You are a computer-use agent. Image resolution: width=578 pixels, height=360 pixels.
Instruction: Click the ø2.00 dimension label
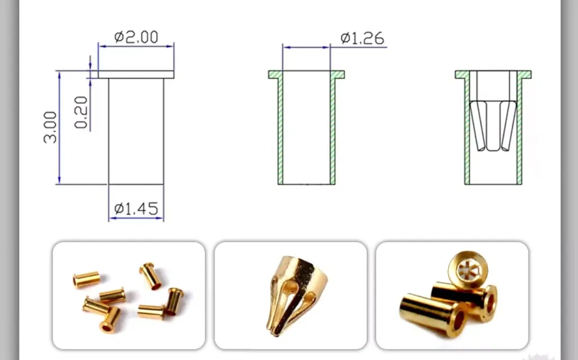(x=137, y=37)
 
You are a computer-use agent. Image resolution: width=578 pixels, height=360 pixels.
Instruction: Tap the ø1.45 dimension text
(x=137, y=209)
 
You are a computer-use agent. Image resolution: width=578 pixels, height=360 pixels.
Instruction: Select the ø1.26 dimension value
(x=362, y=38)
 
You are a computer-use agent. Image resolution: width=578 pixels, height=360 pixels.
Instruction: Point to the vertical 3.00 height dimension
(x=50, y=127)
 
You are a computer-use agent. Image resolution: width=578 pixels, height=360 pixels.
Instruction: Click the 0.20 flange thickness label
(x=81, y=112)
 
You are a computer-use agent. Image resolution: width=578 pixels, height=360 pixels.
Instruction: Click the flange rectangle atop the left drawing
(x=136, y=74)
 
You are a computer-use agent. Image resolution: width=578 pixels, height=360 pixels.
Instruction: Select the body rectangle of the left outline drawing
(x=136, y=131)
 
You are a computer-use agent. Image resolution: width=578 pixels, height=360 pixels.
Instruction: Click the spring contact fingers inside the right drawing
(x=493, y=125)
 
